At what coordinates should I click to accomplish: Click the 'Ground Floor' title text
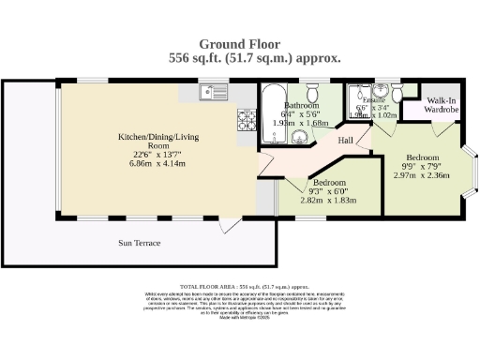click(x=241, y=43)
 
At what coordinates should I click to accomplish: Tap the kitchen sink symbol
click(x=214, y=92)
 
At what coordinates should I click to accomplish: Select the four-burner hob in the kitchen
click(x=247, y=119)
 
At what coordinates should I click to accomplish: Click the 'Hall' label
click(x=346, y=141)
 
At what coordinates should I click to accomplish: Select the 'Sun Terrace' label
click(x=139, y=243)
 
